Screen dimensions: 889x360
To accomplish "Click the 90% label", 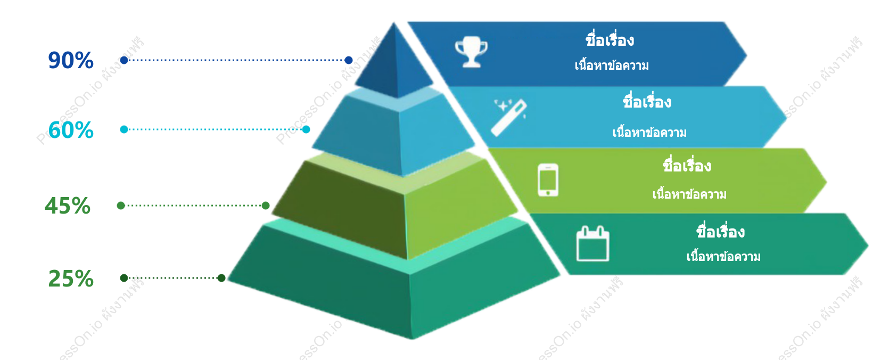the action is coord(71,60).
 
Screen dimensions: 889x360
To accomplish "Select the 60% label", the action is coord(71,130).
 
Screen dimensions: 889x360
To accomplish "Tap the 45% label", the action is coord(68,206).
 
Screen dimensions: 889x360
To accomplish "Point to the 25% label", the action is coord(71,278).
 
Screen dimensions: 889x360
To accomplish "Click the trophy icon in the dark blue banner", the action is coord(471,52).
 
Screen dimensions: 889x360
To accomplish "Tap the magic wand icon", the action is coord(509,118).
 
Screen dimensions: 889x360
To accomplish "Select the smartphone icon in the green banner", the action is coord(548,180).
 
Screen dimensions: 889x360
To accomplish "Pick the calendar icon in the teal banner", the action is coord(592,244).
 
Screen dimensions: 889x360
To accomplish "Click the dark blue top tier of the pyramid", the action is coord(394,63).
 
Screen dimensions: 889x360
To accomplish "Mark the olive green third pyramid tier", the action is coord(396,207).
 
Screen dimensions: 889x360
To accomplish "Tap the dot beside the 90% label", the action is coord(124,60).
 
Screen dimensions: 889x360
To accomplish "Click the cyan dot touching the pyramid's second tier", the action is coord(306,129).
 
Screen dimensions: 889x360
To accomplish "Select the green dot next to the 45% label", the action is coord(121,205).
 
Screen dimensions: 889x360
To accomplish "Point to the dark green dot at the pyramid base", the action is coord(221,278).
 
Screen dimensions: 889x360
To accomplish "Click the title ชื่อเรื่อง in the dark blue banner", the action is coord(610,40).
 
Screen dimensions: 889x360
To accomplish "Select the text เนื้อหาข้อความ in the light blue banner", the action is coord(649,132).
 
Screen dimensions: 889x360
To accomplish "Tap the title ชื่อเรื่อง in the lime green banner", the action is coord(687,165).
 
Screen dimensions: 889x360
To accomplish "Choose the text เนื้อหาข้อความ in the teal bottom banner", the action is coord(723,256).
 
